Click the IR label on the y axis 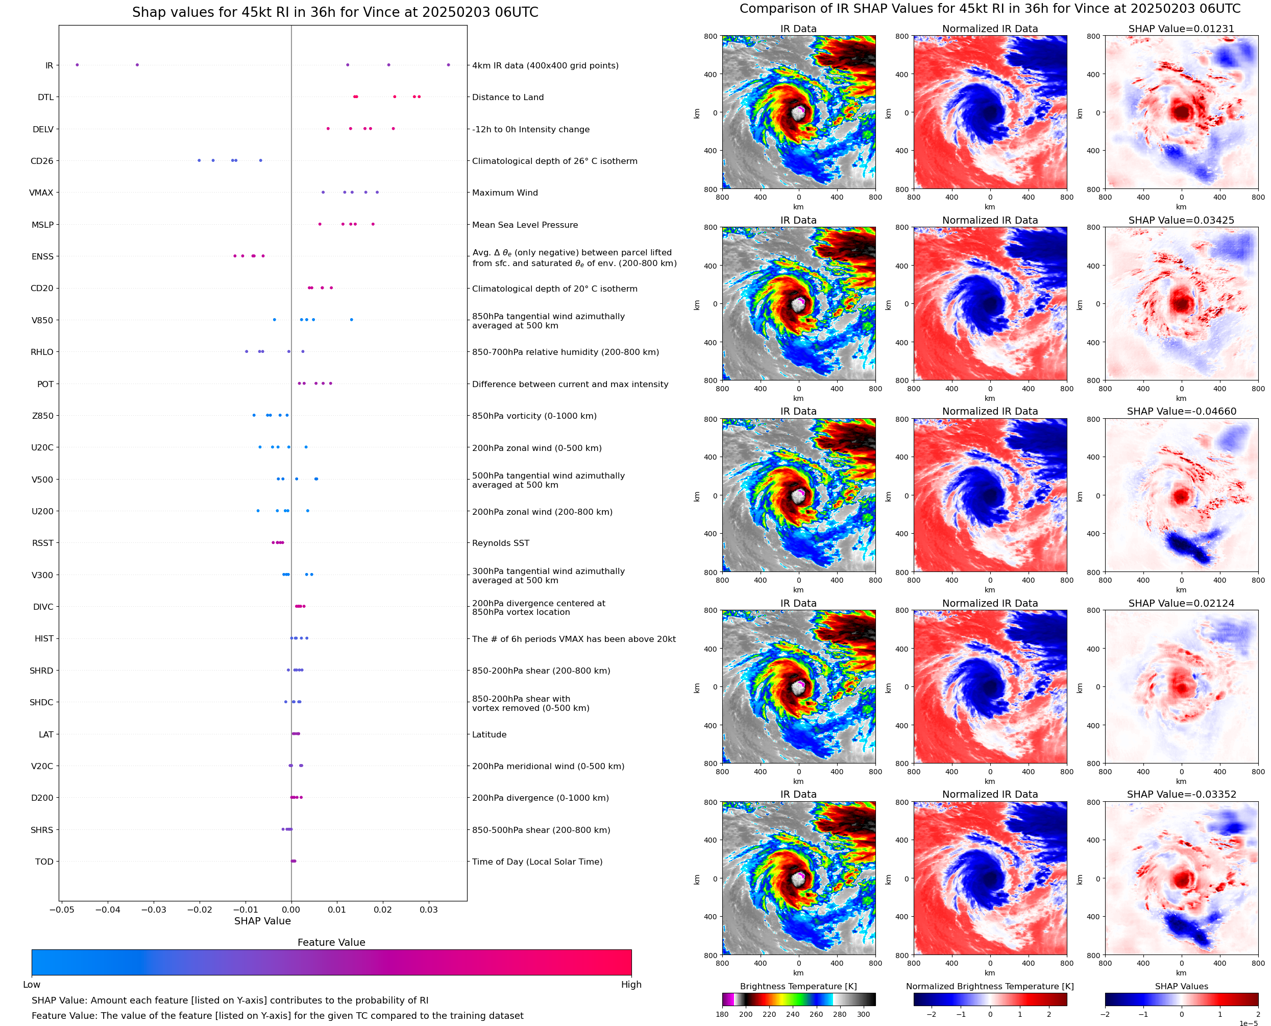click(x=49, y=65)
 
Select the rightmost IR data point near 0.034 click(x=448, y=65)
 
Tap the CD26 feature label click(x=42, y=161)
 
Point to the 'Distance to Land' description click(x=508, y=98)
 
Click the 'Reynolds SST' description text click(x=501, y=543)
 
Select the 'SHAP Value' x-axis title click(x=263, y=921)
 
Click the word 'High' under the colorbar click(x=631, y=985)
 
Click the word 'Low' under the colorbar click(x=32, y=985)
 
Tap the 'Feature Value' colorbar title click(x=331, y=943)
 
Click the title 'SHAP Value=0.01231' click(x=1181, y=29)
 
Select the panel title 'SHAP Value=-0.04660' click(x=1181, y=411)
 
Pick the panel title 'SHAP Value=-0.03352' click(x=1181, y=794)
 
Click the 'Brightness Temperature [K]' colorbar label click(x=798, y=986)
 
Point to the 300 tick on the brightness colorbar click(x=864, y=1014)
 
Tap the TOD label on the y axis click(x=44, y=862)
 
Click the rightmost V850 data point click(x=351, y=320)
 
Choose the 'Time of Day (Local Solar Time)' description click(x=537, y=862)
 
